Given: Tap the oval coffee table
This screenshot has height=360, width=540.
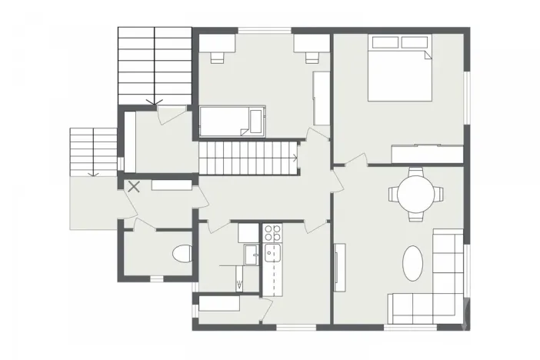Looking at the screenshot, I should pyautogui.click(x=413, y=263).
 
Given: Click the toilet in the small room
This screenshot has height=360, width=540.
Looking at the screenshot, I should pyautogui.click(x=181, y=254).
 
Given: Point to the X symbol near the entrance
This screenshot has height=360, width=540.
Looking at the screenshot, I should pyautogui.click(x=134, y=185).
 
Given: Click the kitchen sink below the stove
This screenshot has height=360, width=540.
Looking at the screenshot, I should pyautogui.click(x=272, y=253).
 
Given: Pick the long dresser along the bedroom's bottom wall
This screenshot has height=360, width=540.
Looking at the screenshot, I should pyautogui.click(x=426, y=153).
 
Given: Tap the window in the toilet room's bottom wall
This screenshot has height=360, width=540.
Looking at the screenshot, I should pyautogui.click(x=156, y=278).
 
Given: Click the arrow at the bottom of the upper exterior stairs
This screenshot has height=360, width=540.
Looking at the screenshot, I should pyautogui.click(x=154, y=101).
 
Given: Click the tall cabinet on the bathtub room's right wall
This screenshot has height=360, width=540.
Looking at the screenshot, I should pyautogui.click(x=320, y=98).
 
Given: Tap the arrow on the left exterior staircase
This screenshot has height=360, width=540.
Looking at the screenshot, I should pyautogui.click(x=92, y=173).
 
